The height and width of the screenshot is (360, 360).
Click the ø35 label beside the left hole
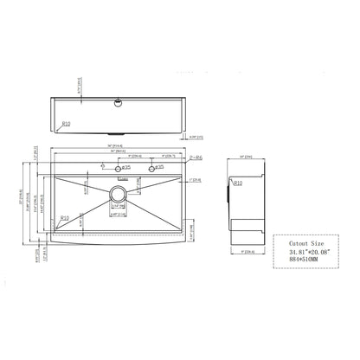(x=126, y=167)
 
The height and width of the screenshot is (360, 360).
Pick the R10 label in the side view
(x=237, y=183)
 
